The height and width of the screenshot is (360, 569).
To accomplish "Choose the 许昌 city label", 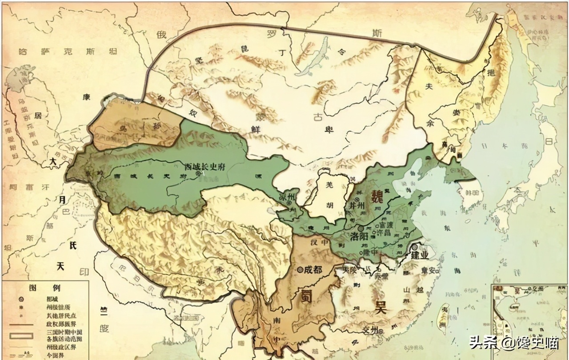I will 386,234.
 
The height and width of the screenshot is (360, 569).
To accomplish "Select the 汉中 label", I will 312,243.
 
